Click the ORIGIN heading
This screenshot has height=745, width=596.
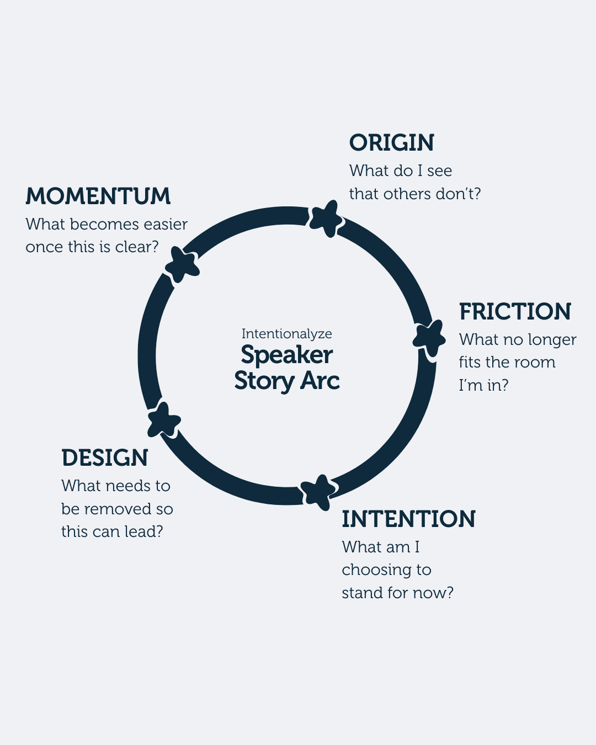[392, 143]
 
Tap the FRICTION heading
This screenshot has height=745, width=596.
[515, 312]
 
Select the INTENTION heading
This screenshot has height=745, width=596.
[408, 519]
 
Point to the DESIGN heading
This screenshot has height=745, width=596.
[105, 458]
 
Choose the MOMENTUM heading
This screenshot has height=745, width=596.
[98, 196]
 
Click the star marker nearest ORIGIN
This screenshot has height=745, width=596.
[326, 218]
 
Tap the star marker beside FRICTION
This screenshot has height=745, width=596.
[430, 337]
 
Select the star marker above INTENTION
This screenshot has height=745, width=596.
[318, 491]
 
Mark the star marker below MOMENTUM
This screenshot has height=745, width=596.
[183, 264]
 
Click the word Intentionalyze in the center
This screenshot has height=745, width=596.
[286, 334]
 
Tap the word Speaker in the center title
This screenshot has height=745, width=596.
[286, 355]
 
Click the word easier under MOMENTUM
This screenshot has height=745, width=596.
[166, 225]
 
